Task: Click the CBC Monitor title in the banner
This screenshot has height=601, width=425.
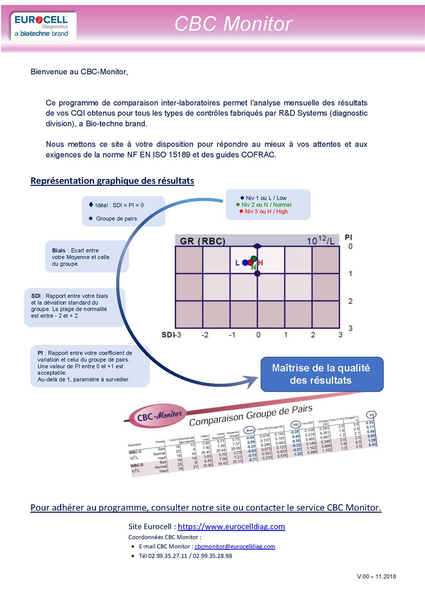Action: click(233, 24)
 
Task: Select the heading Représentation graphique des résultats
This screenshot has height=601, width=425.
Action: click(112, 181)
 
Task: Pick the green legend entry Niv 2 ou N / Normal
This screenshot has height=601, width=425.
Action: click(266, 205)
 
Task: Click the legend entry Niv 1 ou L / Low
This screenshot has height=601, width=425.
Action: click(266, 198)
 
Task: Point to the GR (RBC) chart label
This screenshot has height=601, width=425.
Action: click(202, 241)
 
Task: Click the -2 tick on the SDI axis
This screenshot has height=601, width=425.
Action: click(205, 335)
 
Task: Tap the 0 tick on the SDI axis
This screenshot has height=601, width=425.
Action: click(259, 335)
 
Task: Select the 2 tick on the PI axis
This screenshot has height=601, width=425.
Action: click(351, 301)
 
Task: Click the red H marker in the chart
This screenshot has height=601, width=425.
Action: click(260, 263)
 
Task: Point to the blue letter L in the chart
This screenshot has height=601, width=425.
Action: click(237, 263)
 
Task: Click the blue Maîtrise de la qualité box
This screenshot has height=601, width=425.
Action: click(321, 374)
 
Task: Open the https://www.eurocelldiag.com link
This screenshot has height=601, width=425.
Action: click(231, 527)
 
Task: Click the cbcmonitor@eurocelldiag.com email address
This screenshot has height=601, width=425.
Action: click(235, 547)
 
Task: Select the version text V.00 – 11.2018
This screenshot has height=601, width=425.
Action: click(376, 577)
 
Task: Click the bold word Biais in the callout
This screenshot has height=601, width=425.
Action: click(58, 250)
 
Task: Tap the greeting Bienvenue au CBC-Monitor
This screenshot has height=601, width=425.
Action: click(79, 72)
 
